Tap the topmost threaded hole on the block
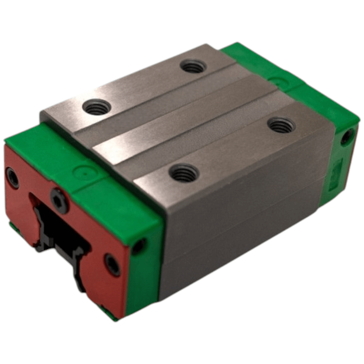(x=193, y=67)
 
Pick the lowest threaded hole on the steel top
(x=184, y=173)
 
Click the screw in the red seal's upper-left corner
(x=13, y=178)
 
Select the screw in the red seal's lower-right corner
(x=112, y=265)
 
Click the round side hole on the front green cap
(x=139, y=246)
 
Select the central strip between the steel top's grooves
(x=189, y=120)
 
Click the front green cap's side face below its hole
(x=144, y=284)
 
